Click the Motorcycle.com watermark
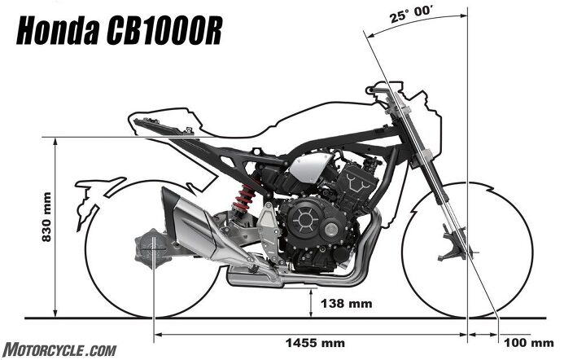(59, 349)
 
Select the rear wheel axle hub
(155, 245)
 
